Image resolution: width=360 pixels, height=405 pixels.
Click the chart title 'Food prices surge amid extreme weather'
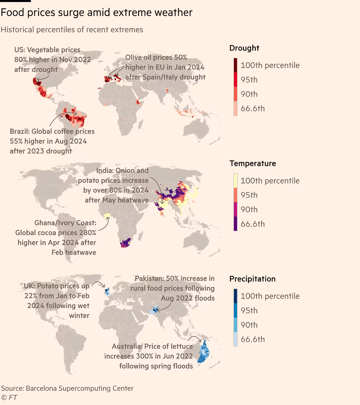point(96,13)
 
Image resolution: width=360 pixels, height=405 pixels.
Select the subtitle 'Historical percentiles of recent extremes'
point(72,30)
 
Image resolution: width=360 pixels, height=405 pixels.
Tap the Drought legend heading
point(244,48)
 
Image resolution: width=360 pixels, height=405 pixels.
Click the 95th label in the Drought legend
point(249,80)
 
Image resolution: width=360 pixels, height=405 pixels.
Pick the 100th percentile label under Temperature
point(270,181)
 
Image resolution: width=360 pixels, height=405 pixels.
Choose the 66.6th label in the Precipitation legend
point(253,339)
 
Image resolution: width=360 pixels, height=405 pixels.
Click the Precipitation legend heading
point(252,279)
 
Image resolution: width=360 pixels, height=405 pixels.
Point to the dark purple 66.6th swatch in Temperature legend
point(235,224)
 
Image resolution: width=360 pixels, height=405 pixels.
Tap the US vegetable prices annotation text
point(53,60)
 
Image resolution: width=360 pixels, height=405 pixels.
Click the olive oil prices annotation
point(165,67)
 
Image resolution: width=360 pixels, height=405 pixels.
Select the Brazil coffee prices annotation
point(52,141)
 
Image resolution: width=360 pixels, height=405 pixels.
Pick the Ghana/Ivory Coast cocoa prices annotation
point(56,238)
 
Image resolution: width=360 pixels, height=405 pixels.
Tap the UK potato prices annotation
point(57,301)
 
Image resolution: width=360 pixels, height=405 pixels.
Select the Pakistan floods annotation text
point(173,288)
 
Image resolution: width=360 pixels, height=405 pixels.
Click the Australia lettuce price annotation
point(149,356)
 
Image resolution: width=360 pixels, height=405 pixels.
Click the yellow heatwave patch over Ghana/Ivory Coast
point(107,216)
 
